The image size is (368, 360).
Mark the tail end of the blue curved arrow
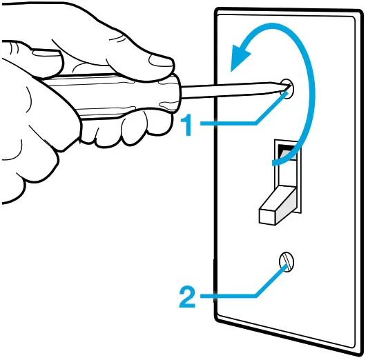(276, 163)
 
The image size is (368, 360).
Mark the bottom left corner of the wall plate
(220, 319)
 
